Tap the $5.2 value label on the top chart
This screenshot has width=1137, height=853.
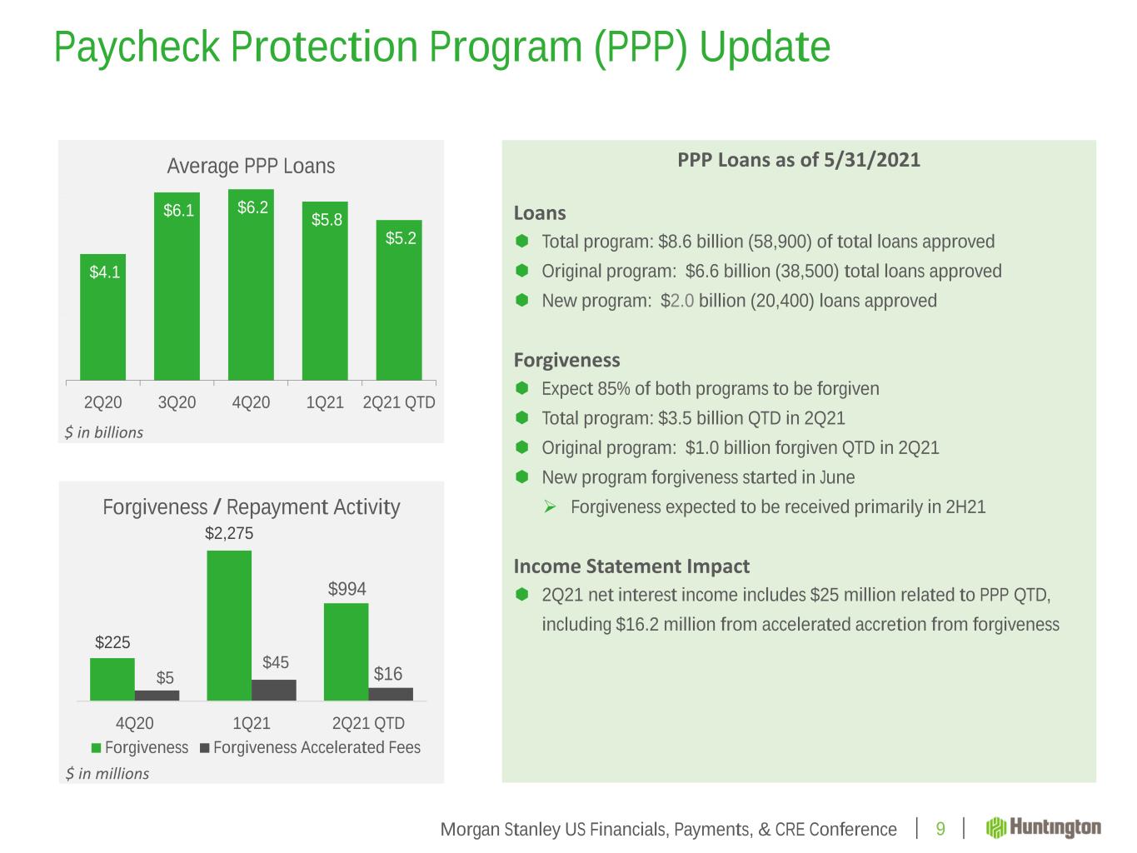(400, 238)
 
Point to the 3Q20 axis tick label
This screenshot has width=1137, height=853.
(177, 403)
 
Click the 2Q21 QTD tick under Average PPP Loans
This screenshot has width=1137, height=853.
(400, 403)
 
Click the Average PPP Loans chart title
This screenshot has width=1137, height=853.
(251, 167)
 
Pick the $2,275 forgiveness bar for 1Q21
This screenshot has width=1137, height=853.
(229, 625)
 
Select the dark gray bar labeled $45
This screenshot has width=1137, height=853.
(274, 690)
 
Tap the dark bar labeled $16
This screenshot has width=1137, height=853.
(391, 694)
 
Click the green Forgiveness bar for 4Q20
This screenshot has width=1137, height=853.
(112, 679)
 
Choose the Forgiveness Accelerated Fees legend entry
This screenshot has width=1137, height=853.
(310, 748)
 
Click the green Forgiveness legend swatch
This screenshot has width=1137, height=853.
(97, 748)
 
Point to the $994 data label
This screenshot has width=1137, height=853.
(347, 590)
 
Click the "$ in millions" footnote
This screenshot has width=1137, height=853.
(107, 774)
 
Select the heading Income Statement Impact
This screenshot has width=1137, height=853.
(631, 566)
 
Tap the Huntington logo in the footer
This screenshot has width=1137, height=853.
(1044, 828)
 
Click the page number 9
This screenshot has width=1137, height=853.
(940, 829)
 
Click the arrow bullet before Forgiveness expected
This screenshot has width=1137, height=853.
(550, 506)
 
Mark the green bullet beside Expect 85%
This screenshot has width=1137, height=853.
(522, 388)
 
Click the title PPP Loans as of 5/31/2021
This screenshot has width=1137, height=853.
(798, 160)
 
